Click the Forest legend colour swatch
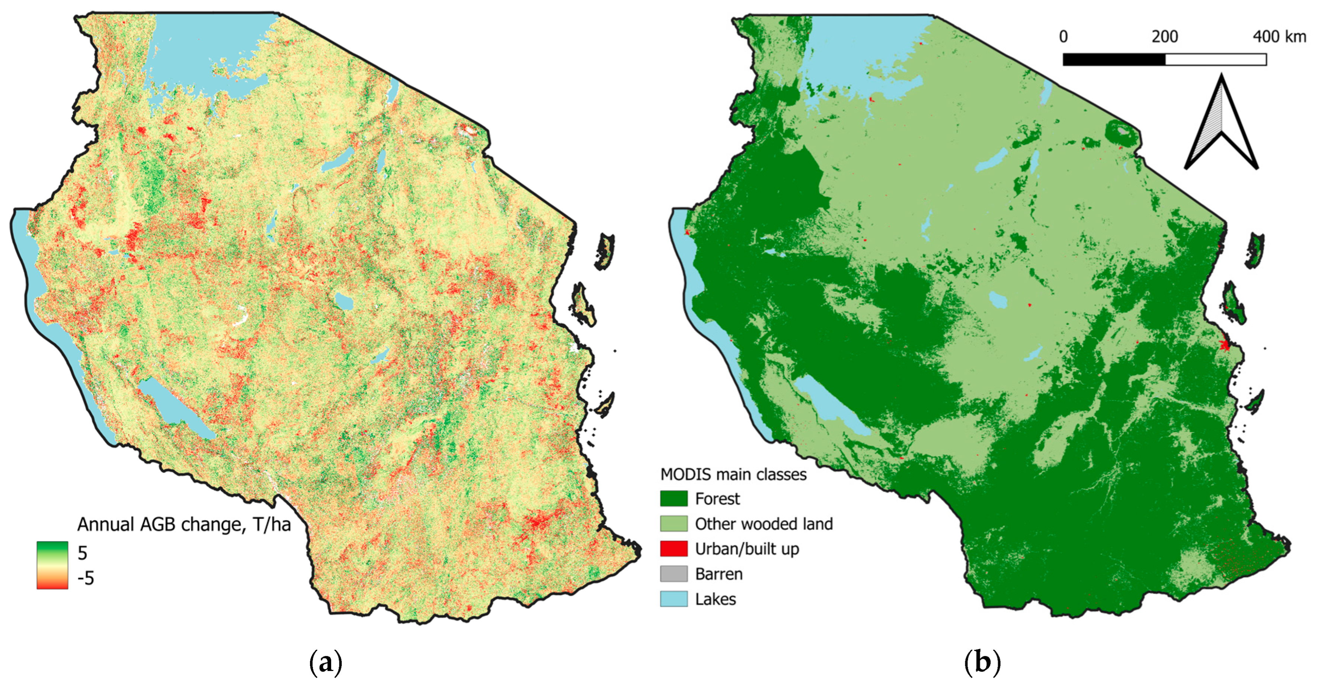click(x=674, y=499)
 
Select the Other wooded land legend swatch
click(x=674, y=523)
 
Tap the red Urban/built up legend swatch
click(x=674, y=548)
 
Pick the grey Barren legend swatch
click(x=674, y=574)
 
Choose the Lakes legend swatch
click(x=674, y=599)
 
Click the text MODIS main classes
click(x=733, y=474)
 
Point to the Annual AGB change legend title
click(x=184, y=525)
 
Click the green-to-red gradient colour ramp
click(x=52, y=565)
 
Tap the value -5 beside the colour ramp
click(x=86, y=578)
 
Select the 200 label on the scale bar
click(x=1165, y=37)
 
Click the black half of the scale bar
click(x=1114, y=60)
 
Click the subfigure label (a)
click(x=326, y=662)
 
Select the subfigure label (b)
click(x=982, y=662)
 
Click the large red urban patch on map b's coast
click(x=1224, y=344)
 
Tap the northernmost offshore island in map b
click(x=1255, y=251)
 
